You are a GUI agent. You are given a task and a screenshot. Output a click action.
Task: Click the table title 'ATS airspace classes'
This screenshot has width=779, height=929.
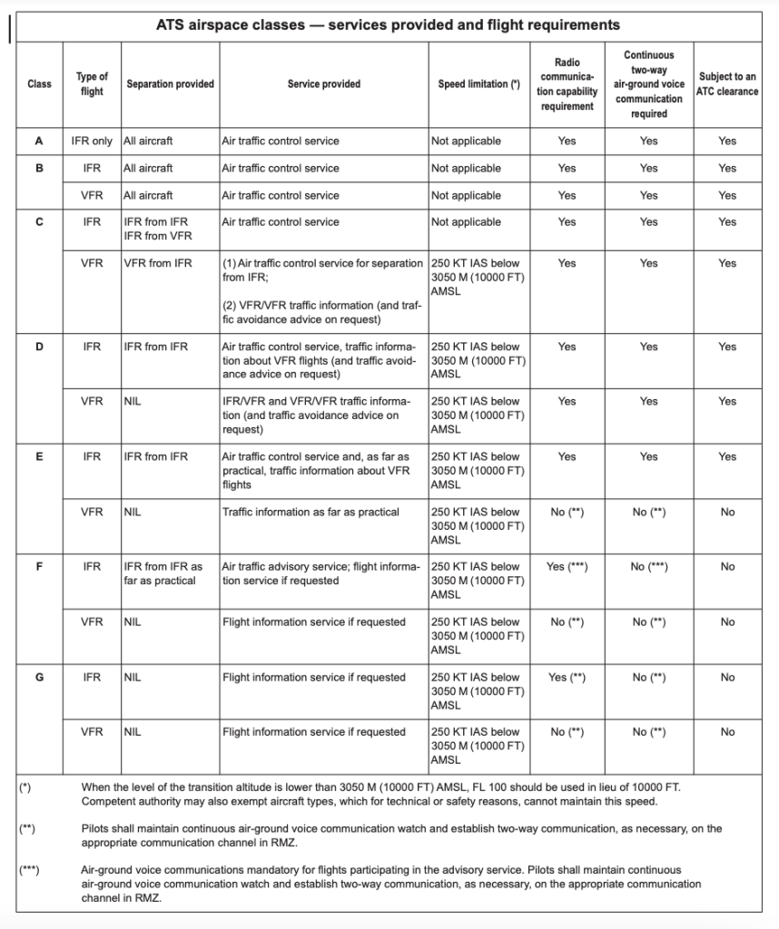(389, 25)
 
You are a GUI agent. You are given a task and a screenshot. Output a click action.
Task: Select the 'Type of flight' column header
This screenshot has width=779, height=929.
(91, 84)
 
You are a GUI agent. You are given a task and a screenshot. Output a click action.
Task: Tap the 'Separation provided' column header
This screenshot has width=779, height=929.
(170, 84)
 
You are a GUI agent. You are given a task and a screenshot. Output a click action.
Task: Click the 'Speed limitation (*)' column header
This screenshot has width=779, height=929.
(479, 84)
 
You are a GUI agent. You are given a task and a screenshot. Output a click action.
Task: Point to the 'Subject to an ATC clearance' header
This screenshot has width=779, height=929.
(726, 84)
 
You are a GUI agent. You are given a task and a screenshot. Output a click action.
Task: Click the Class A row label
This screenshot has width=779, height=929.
(39, 142)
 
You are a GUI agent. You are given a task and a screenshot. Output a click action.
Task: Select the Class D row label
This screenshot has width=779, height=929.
(39, 347)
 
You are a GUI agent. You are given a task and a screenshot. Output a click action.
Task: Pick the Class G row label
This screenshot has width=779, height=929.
(39, 678)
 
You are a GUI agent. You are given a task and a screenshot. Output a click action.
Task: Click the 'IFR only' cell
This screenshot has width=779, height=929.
(92, 142)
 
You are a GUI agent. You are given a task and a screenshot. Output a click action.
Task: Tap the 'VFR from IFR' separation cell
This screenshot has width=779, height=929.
(156, 263)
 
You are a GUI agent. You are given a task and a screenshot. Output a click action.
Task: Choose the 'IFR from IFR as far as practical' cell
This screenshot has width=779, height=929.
(163, 573)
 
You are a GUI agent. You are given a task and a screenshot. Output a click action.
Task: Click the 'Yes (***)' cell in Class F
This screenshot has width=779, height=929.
(567, 567)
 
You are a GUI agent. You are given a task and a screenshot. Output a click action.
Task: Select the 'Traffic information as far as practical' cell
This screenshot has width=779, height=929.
(311, 513)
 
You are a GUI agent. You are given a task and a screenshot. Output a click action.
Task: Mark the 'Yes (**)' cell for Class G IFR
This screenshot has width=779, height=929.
(567, 678)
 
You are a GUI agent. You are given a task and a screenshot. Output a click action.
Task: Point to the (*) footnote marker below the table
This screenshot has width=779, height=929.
(25, 787)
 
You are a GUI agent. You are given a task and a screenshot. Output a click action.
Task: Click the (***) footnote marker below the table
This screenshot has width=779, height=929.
(28, 870)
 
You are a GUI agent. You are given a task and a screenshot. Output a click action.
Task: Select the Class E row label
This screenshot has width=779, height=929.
(39, 457)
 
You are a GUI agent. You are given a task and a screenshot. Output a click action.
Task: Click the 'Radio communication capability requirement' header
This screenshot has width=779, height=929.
(567, 84)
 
